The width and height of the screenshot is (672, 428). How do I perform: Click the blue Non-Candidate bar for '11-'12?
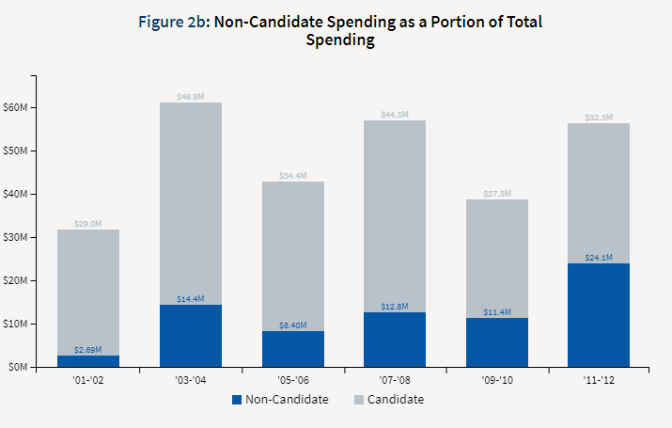pyautogui.click(x=599, y=315)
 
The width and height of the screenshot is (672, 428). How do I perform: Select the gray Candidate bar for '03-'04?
pyautogui.click(x=190, y=203)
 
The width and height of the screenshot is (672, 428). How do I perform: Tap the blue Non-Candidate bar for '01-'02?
pyautogui.click(x=87, y=361)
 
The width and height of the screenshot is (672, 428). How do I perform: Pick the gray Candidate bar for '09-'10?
pyautogui.click(x=496, y=259)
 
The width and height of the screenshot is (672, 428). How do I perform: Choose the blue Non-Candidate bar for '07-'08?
pyautogui.click(x=395, y=340)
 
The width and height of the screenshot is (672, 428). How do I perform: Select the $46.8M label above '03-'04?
pyautogui.click(x=190, y=97)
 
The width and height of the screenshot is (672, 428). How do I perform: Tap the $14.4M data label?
pyautogui.click(x=190, y=299)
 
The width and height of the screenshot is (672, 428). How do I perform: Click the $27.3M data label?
pyautogui.click(x=496, y=194)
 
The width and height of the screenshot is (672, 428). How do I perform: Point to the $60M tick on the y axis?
pyautogui.click(x=16, y=107)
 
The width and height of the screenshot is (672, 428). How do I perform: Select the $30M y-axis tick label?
pyautogui.click(x=16, y=237)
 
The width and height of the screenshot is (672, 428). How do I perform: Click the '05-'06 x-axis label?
pyautogui.click(x=292, y=382)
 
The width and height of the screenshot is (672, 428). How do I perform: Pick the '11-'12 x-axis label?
pyautogui.click(x=599, y=382)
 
